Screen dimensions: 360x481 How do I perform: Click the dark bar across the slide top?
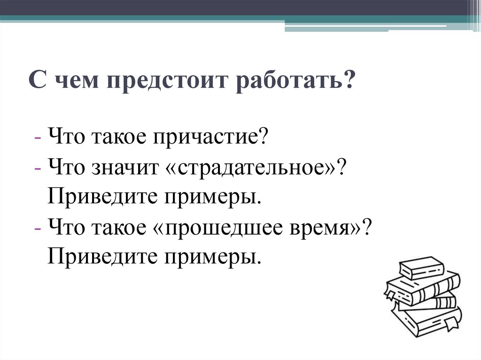(x=235, y=8)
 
